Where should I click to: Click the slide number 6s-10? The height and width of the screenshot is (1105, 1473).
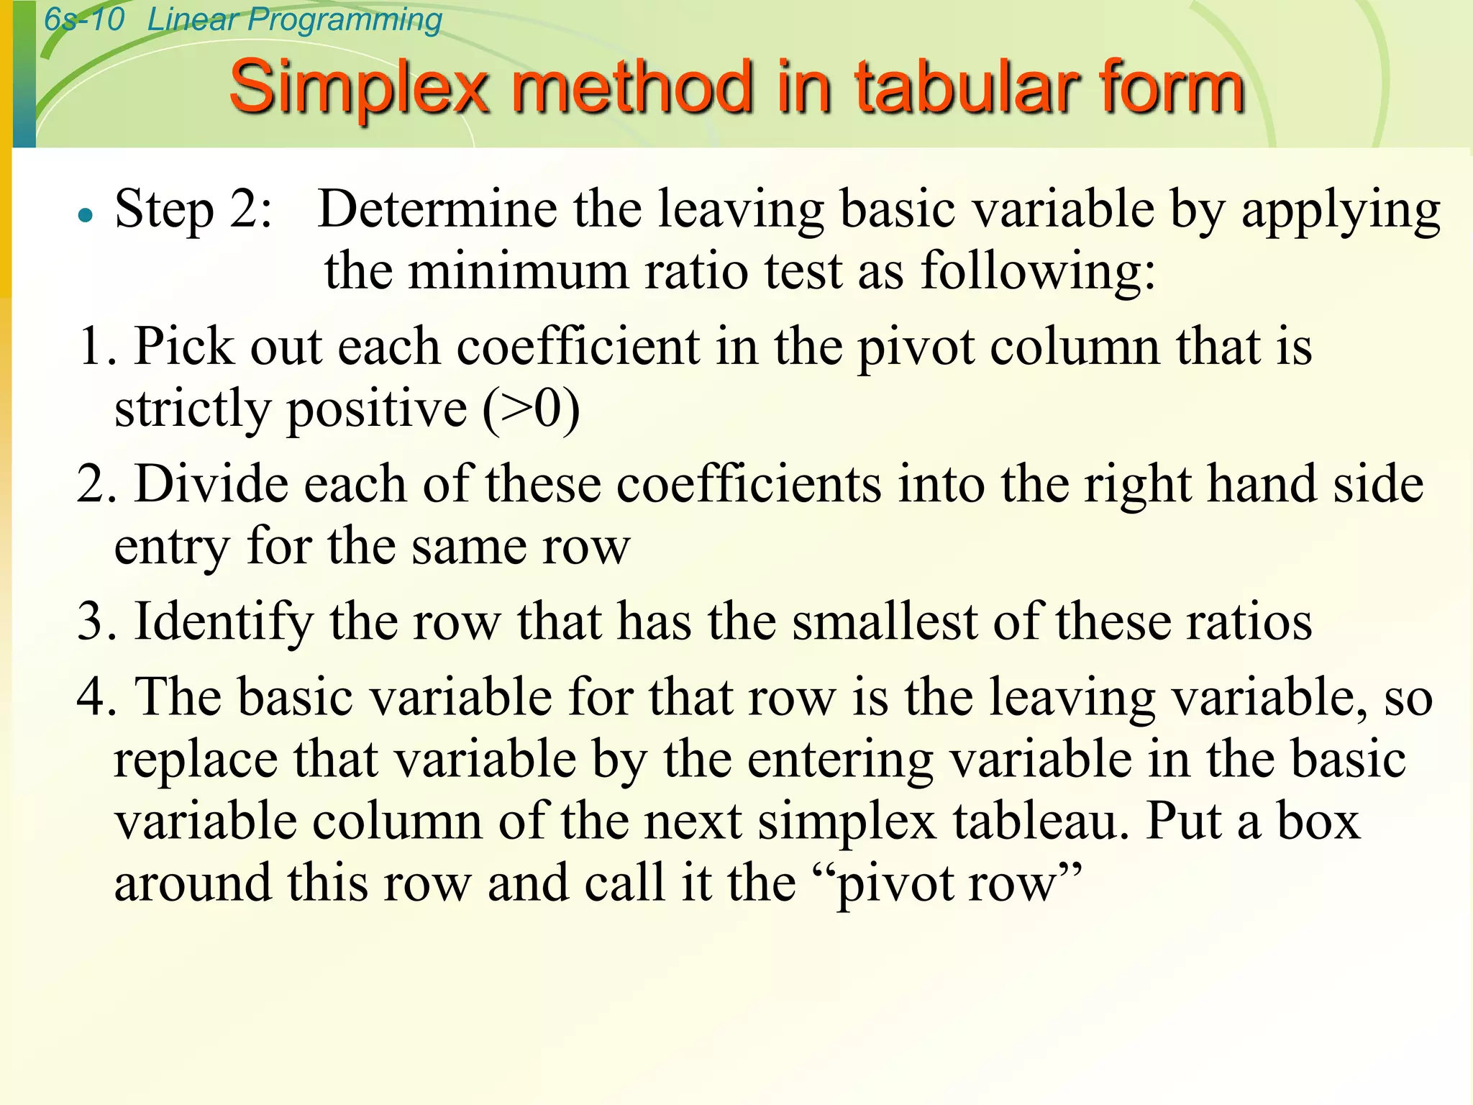point(84,19)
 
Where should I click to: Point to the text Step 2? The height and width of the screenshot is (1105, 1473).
point(193,209)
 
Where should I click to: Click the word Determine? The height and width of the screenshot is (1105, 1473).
point(437,209)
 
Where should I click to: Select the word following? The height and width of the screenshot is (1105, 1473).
point(1039,272)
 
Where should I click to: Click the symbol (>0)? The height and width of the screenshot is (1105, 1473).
point(531,409)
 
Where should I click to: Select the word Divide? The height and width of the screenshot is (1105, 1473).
point(211,484)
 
